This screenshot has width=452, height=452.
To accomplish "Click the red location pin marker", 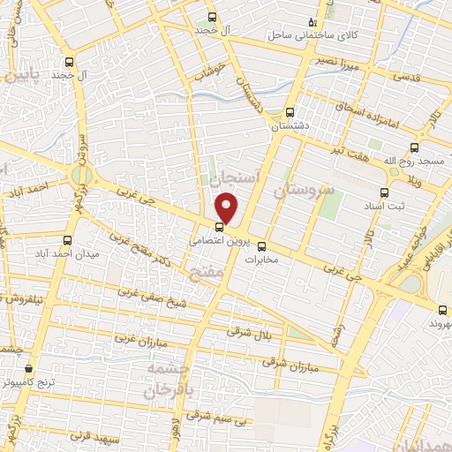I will click(227, 207).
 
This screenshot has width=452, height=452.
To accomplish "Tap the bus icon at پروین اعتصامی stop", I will click(220, 227).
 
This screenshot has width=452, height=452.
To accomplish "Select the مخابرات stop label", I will click(260, 260).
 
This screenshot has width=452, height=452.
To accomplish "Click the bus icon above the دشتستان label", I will click(290, 112).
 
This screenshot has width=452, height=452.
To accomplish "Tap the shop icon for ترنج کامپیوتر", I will click(29, 368).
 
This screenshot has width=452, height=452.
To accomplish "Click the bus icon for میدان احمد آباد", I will click(69, 239).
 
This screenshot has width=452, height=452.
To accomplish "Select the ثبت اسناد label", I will click(384, 206).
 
